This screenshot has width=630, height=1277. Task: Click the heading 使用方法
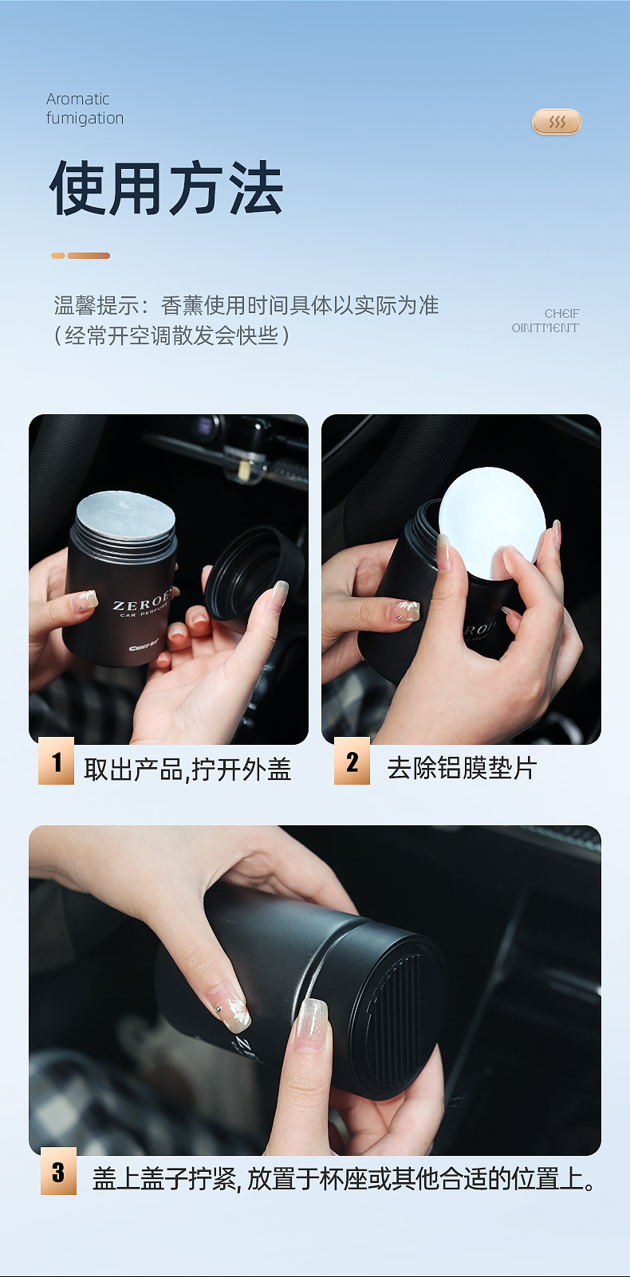(166, 188)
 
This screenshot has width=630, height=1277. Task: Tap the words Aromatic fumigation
(85, 108)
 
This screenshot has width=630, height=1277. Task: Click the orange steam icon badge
(557, 121)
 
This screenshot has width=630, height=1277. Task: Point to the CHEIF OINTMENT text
(545, 320)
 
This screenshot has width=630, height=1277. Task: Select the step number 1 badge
(56, 761)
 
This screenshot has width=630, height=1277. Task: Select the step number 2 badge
(352, 761)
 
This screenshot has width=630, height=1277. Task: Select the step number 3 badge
(58, 1171)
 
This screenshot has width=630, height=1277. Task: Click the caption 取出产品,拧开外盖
(187, 769)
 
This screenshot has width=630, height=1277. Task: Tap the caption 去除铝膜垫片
(462, 767)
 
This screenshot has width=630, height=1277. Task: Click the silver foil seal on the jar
(125, 516)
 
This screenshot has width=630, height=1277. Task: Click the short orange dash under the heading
(57, 256)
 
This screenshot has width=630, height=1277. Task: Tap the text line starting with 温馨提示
(246, 306)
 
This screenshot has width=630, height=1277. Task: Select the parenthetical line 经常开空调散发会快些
(171, 335)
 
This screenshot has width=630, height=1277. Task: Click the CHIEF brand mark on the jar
(144, 648)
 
